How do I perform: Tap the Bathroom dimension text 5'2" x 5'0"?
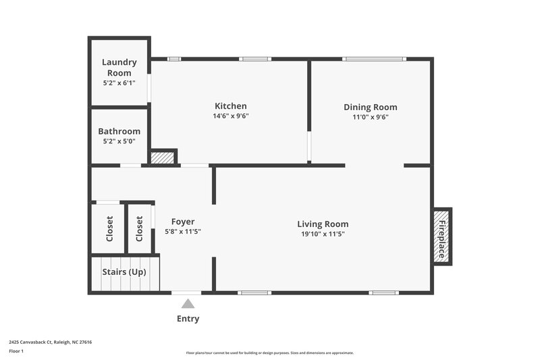point(119,143)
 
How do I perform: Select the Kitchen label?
point(231,106)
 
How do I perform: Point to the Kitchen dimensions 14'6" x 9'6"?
point(231,116)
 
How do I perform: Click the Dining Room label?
point(371,107)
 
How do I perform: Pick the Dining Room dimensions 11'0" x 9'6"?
point(371,117)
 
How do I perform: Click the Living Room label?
point(323,224)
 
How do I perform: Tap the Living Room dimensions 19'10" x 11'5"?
point(323,234)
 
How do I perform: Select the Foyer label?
point(183,222)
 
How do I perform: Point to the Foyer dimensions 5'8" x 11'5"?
point(183,232)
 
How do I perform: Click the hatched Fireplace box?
point(442,236)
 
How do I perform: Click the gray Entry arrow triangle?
point(188,304)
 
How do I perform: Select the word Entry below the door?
point(188,319)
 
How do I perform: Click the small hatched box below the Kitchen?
point(163,158)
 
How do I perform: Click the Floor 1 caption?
point(16,351)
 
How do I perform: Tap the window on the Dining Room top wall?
point(373,59)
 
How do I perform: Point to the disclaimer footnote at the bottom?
point(270,353)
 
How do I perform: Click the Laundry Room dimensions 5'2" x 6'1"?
point(119,83)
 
